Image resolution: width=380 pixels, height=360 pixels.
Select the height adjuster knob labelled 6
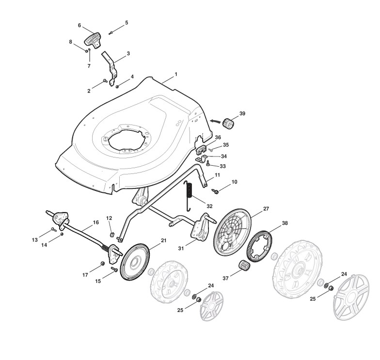[x=93, y=39]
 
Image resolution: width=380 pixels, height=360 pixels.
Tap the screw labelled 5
[x=111, y=33]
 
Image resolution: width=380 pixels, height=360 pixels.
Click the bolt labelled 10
[x=216, y=191]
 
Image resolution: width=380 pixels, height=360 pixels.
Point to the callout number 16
[x=95, y=222]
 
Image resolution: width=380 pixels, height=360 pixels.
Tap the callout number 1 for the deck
[x=176, y=75]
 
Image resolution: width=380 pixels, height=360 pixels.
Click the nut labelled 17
[x=102, y=263]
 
